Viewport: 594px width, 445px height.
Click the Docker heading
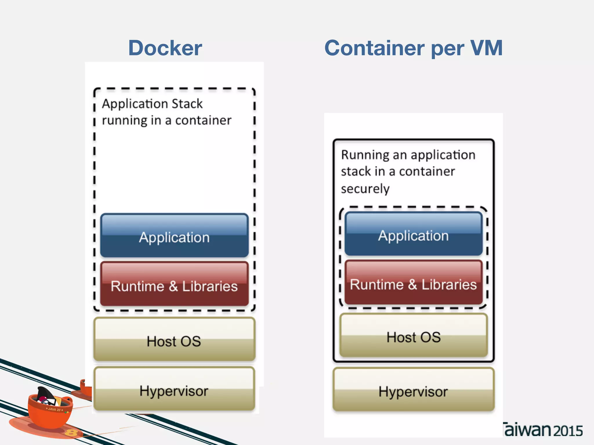[165, 48]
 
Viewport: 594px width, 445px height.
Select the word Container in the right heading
[374, 48]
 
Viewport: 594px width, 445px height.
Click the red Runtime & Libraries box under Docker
[174, 284]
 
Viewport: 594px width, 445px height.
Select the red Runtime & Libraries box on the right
[413, 283]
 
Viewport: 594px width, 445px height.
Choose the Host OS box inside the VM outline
[413, 335]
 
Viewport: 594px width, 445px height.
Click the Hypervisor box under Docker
[174, 389]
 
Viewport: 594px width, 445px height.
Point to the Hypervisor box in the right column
[413, 390]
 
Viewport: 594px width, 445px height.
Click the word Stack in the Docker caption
[187, 104]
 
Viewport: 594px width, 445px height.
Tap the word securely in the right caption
[365, 189]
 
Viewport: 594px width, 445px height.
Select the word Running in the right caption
[365, 155]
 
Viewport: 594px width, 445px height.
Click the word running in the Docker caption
[125, 121]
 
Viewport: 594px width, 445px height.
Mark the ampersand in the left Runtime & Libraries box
[173, 286]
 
